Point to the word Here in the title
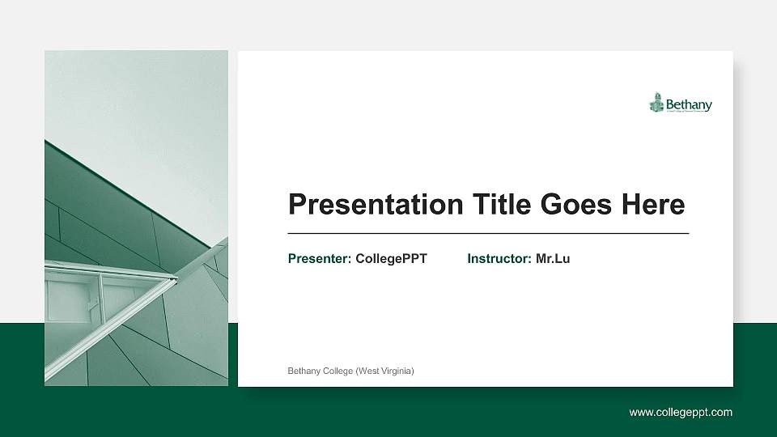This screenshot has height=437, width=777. click(653, 205)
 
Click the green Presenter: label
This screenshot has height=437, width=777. click(320, 259)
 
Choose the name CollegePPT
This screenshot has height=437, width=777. click(391, 259)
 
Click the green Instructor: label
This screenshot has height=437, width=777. click(499, 259)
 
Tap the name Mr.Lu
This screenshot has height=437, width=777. click(553, 259)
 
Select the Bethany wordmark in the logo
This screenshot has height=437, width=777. click(689, 104)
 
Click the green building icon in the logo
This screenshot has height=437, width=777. click(656, 103)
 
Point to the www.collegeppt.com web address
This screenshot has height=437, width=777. click(681, 413)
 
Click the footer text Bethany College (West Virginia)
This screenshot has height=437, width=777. click(351, 371)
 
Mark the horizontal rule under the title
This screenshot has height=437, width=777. click(488, 233)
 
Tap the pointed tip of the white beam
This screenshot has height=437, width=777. click(176, 279)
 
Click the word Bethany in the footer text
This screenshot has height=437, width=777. click(304, 371)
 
